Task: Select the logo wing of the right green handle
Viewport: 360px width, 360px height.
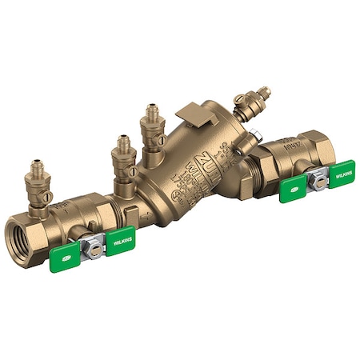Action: pyautogui.click(x=294, y=190)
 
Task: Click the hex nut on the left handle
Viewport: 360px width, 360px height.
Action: pyautogui.click(x=94, y=250)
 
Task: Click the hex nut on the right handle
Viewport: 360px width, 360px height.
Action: pyautogui.click(x=319, y=181)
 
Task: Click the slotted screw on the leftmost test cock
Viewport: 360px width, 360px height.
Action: pyautogui.click(x=47, y=196)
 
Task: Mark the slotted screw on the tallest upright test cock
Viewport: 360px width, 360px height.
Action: pyautogui.click(x=160, y=140)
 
